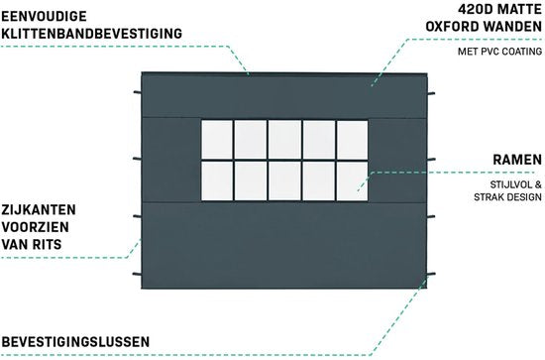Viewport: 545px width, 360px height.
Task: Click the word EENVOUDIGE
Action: coord(45,16)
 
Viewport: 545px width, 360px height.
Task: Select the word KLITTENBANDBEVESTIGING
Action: coord(92,34)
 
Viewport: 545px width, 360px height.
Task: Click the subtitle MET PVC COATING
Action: coord(499,52)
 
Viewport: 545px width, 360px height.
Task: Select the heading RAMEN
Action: coord(517,160)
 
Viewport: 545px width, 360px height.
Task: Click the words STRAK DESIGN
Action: coord(507,197)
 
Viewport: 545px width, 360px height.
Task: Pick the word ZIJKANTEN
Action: coord(39,210)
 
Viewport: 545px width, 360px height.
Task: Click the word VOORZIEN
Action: coord(35,227)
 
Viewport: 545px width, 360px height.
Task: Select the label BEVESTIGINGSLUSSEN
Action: coord(75,342)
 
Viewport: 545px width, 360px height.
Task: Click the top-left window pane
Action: coord(217,140)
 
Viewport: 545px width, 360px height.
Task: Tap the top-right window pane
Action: coord(352,140)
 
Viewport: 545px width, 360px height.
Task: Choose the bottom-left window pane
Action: coord(217,180)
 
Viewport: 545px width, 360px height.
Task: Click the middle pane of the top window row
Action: coord(284,140)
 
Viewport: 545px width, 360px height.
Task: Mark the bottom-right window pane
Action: coord(352,180)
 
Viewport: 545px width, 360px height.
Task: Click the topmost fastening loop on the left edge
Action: coord(138,92)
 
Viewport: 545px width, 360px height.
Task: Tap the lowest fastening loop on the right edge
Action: coord(431,275)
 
